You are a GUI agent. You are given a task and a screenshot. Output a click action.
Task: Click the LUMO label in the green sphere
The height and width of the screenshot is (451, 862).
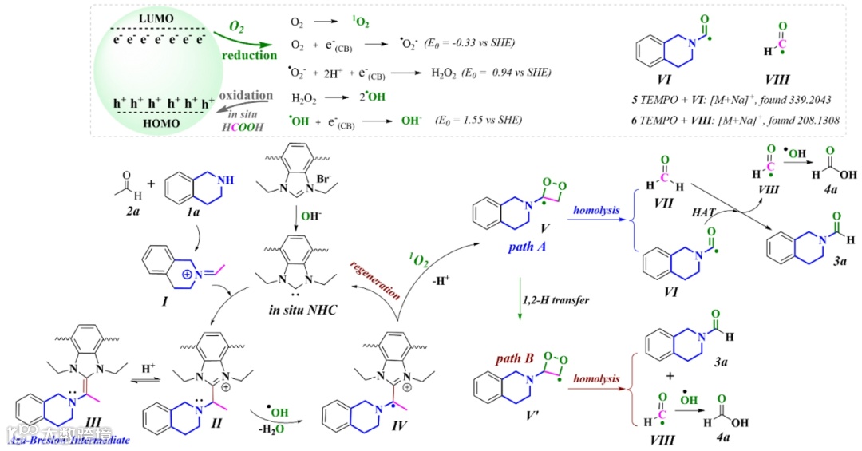coord(157,18)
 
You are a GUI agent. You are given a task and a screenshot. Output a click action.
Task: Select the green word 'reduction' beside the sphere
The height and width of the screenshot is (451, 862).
coord(250,56)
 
